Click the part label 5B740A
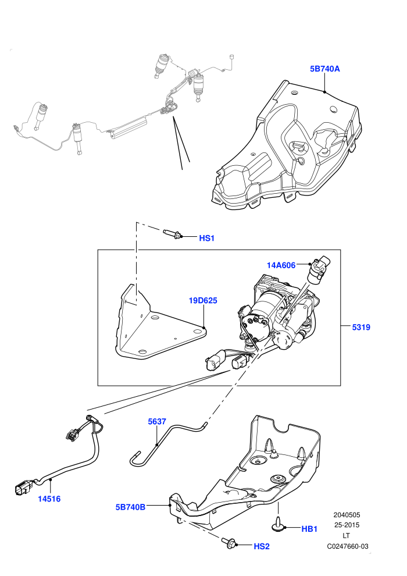[325, 69]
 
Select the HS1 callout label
[206, 238]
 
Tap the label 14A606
[281, 265]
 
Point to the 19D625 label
[203, 300]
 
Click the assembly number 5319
[361, 327]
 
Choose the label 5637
[157, 421]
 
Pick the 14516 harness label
[49, 499]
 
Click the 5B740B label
[130, 507]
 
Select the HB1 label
[309, 529]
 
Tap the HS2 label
[262, 546]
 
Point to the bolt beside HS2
[230, 543]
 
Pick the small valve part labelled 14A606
[319, 270]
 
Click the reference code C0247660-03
[348, 546]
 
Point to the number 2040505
[347, 515]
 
